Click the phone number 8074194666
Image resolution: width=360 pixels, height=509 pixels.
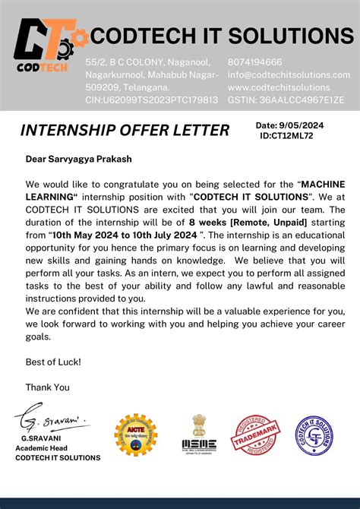click(255, 62)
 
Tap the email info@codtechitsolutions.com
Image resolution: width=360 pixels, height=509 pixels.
click(289, 74)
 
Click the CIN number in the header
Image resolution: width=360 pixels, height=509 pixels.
click(152, 100)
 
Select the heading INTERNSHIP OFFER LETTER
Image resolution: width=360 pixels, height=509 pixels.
click(125, 131)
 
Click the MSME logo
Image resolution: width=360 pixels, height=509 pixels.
click(199, 435)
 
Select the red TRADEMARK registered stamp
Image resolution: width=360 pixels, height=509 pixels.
click(254, 435)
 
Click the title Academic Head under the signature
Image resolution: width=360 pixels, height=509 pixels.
click(46, 448)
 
